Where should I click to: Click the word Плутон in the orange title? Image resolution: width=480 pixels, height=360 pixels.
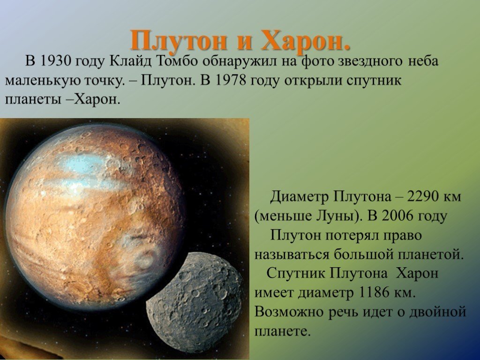[x=179, y=40]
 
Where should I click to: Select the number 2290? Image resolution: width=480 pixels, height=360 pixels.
[x=423, y=196]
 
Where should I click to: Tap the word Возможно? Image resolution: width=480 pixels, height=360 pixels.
[x=289, y=312]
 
